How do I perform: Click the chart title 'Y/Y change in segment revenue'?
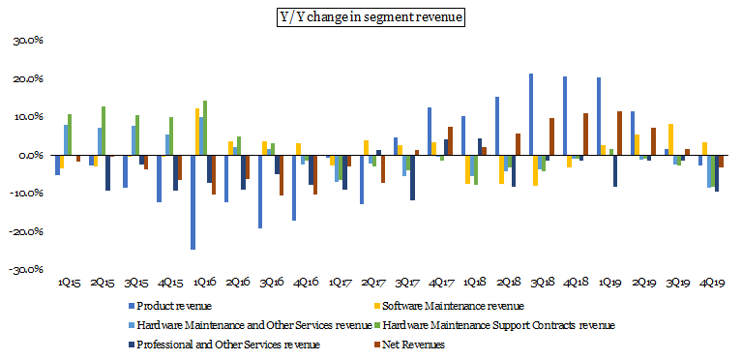(x=371, y=17)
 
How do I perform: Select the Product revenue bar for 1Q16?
(x=193, y=202)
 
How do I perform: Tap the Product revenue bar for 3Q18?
(x=531, y=114)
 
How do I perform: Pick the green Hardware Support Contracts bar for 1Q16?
(x=205, y=128)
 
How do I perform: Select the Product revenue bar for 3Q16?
(x=260, y=192)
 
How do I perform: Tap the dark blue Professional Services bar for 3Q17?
(x=412, y=178)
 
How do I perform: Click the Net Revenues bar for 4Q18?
(x=585, y=135)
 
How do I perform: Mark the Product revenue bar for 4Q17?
(x=430, y=132)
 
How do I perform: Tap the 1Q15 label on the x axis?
(x=69, y=284)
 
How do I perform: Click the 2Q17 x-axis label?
(x=374, y=284)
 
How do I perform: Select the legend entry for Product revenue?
(x=172, y=306)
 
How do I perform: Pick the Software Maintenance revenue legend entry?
(x=450, y=306)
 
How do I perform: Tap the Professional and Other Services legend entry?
(x=224, y=345)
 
